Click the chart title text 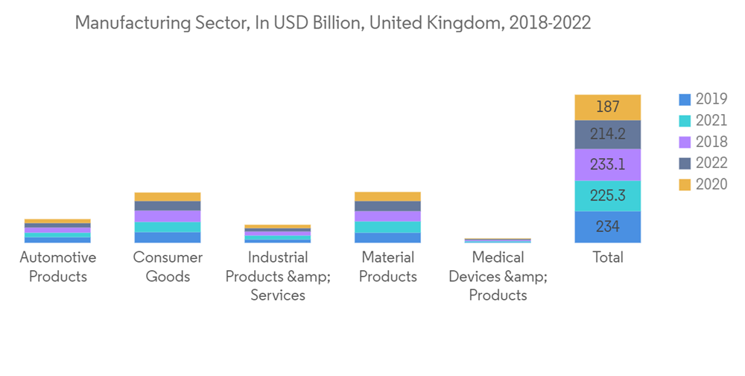[332, 24]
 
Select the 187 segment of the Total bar [608, 107]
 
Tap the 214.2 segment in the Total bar [608, 135]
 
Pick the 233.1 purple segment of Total [608, 165]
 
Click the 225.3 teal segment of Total [608, 196]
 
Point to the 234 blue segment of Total [608, 227]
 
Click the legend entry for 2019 [703, 99]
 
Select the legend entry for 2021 [703, 121]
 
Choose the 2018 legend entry [703, 142]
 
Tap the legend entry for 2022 [703, 163]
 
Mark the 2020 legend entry [703, 185]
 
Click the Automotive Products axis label [57, 267]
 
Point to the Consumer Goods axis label [168, 267]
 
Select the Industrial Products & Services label [278, 276]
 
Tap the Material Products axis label [387, 267]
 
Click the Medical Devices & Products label [498, 276]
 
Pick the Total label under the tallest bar [608, 258]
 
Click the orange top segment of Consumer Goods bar [168, 196]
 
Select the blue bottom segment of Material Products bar [387, 238]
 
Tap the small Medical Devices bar [498, 240]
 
